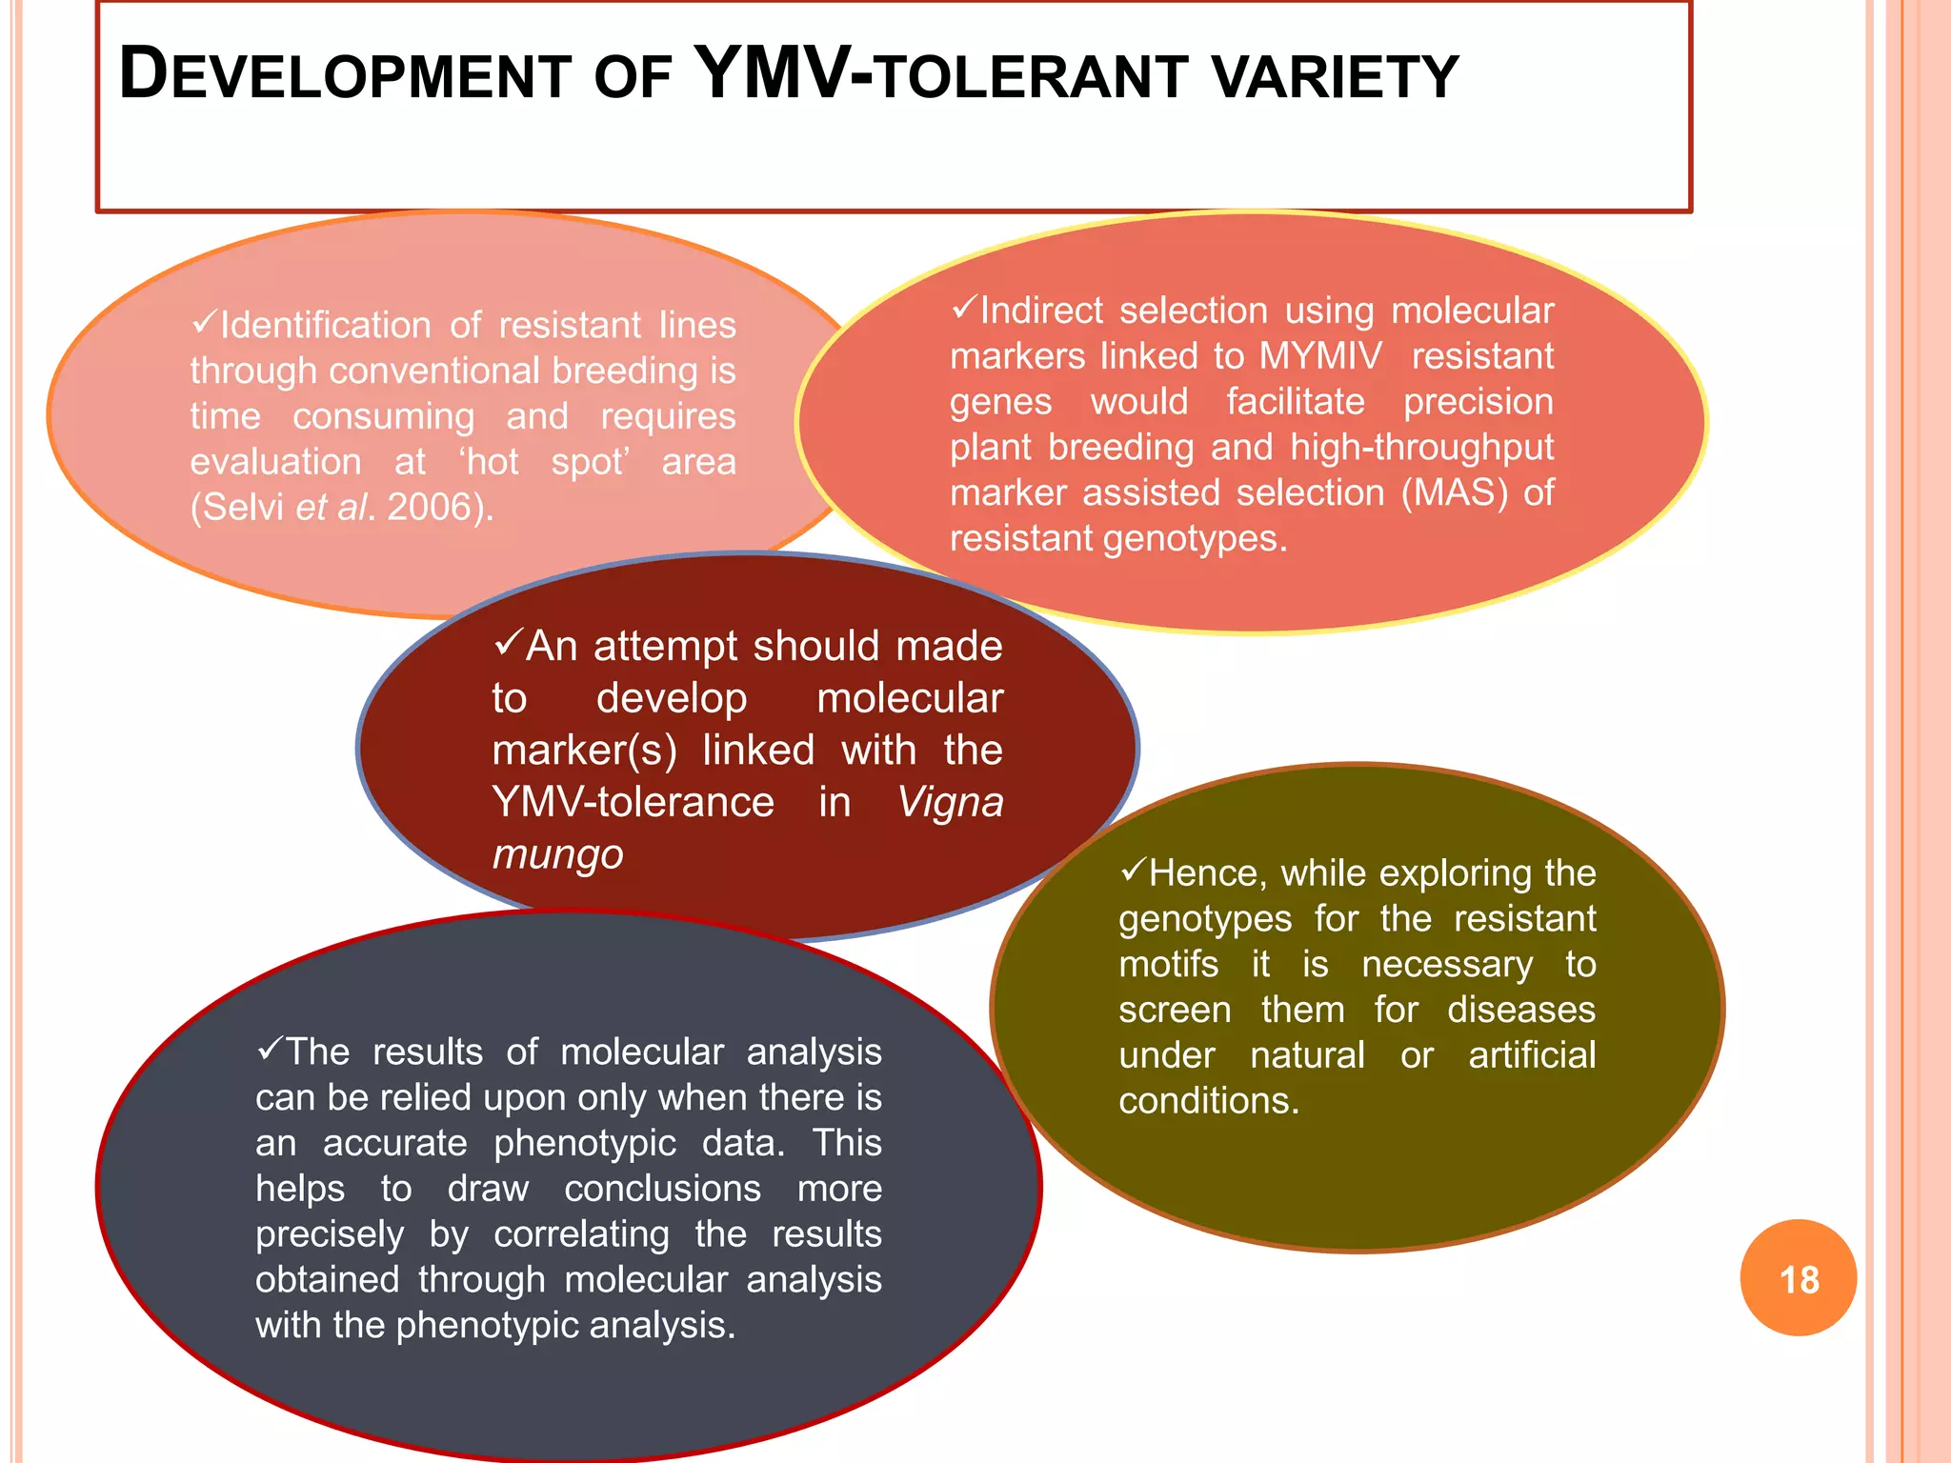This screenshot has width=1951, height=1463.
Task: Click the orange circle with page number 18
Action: (1798, 1277)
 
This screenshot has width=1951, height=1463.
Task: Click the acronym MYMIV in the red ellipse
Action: (1320, 356)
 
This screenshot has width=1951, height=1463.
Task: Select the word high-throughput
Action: (1421, 448)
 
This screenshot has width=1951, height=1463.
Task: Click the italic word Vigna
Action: (950, 803)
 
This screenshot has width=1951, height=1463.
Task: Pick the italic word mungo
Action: (557, 854)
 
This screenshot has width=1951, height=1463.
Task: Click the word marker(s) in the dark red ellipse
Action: (584, 751)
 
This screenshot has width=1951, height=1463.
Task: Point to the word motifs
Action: (1168, 965)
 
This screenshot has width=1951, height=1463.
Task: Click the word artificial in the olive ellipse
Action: (1531, 1055)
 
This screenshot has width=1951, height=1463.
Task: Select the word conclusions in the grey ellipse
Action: (662, 1189)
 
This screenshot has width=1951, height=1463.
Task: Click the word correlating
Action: (581, 1234)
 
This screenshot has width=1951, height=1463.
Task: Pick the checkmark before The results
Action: (269, 1050)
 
